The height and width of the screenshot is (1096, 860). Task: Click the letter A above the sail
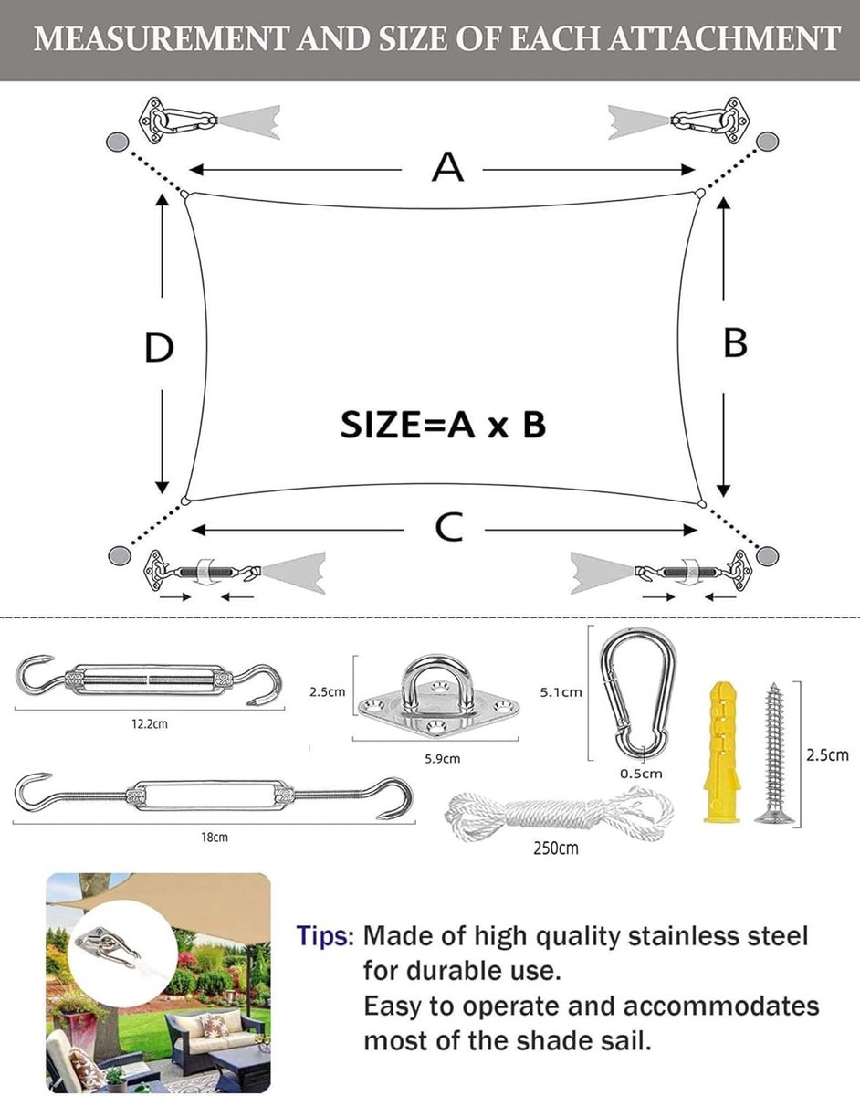coord(447,167)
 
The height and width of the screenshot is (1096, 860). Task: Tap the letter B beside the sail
coord(735,343)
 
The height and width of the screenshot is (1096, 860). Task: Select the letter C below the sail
coord(448,527)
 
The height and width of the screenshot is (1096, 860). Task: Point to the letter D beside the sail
coord(159,347)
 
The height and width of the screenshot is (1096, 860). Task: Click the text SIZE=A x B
coord(443,425)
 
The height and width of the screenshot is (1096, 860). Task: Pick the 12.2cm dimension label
coord(150,724)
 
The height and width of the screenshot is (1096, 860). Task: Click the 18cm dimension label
coord(215,838)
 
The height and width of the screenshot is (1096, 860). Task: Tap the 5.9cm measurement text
coord(443,759)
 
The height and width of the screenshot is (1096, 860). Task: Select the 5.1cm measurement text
coord(561,692)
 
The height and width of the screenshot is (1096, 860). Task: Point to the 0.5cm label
coord(641,774)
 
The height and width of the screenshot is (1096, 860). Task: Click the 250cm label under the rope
coord(556,848)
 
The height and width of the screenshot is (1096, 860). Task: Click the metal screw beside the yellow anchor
coord(774,753)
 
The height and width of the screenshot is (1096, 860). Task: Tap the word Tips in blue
coord(321,936)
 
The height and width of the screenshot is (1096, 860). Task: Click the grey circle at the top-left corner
coord(117,142)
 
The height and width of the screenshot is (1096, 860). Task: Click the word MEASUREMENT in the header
coord(160,39)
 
